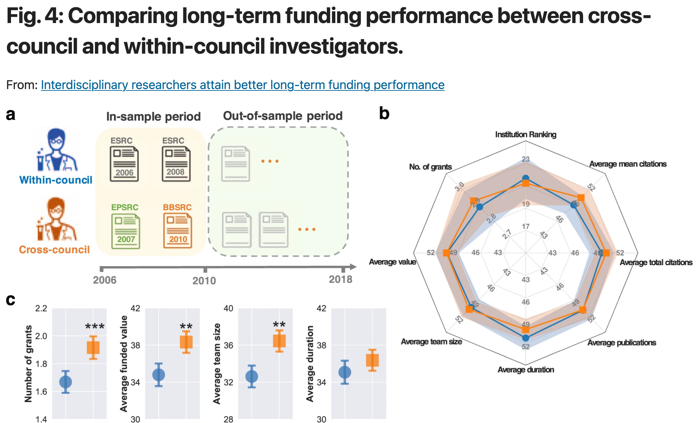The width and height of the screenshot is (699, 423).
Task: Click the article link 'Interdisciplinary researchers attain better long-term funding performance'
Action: (x=243, y=85)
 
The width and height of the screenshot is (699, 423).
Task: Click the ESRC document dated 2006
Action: (x=124, y=164)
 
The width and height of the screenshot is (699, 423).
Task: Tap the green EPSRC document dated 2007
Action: (x=126, y=231)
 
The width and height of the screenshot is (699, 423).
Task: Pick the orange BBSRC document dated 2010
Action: (x=178, y=230)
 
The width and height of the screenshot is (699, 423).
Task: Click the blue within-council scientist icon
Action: (x=57, y=150)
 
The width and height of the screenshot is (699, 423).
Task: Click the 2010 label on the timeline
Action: (x=204, y=281)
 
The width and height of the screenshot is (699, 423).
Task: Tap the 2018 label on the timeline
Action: (x=341, y=279)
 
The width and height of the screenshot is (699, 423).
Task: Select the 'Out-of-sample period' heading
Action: (x=283, y=116)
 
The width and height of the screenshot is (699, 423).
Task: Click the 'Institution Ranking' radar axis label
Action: (x=526, y=134)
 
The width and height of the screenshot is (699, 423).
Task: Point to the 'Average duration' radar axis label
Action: (x=526, y=370)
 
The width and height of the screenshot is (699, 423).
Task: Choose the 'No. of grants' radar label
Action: (x=430, y=167)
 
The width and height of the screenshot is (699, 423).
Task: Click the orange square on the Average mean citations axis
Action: (x=581, y=198)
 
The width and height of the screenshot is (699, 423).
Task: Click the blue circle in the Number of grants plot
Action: (x=65, y=382)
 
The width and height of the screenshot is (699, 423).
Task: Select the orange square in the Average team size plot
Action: (x=279, y=341)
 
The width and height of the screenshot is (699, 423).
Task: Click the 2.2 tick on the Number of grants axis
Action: (x=41, y=308)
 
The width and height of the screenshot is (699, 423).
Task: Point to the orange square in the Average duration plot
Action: (x=372, y=360)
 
